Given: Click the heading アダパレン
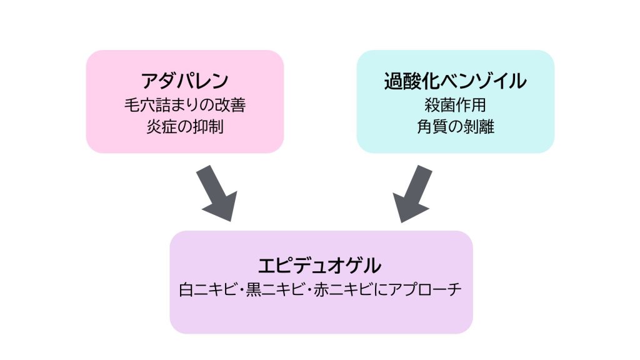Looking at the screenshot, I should (184, 81).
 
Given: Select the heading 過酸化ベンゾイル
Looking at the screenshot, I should (455, 81).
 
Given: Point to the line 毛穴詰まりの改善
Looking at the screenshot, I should (184, 104).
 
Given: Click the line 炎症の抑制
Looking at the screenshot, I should (184, 126).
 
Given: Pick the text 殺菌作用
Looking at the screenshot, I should (455, 104).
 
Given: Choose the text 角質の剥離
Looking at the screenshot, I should (455, 126).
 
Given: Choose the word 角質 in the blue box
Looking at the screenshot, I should (431, 126).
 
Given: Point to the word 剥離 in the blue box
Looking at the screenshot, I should (479, 126).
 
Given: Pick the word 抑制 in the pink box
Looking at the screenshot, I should (209, 126).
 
